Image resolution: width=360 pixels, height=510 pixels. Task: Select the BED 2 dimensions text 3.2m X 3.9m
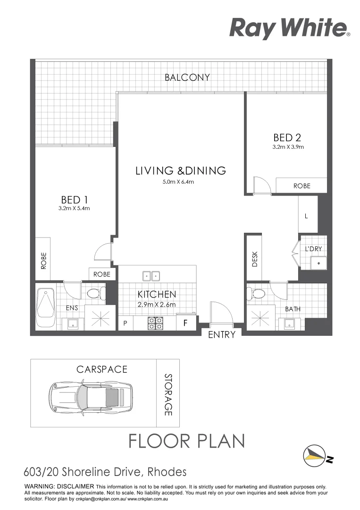pos(287,147)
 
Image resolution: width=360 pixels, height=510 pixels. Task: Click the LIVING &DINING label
pos(181,171)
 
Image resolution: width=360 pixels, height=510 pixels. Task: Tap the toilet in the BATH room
pos(257,293)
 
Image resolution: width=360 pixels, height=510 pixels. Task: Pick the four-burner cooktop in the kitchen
pos(156,323)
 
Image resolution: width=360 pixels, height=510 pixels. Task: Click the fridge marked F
pos(185,324)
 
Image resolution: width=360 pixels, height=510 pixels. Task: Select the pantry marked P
pos(125,324)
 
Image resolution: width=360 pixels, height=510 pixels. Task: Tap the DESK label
pos(255,259)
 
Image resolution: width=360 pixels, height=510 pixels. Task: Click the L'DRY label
pos(313,249)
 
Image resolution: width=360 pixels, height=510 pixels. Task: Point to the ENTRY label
pos(221,335)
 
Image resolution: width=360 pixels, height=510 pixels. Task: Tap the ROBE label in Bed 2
pos(302,186)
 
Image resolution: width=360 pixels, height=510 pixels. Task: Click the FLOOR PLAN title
pos(187,441)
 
